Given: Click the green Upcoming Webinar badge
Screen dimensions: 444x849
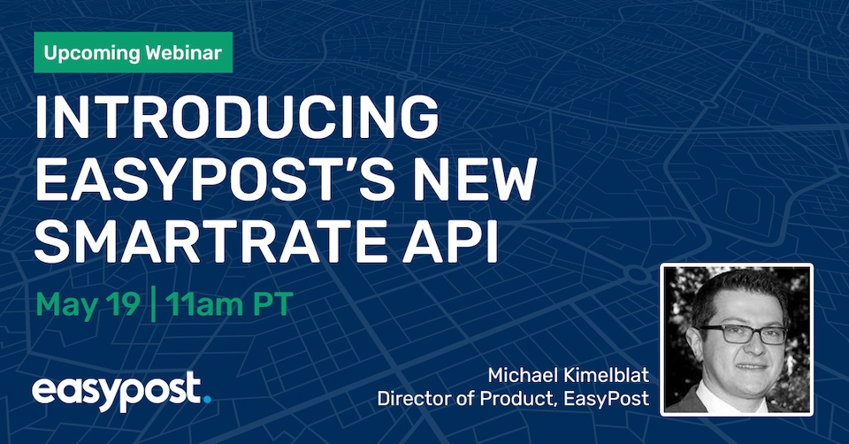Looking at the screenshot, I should pos(134,52).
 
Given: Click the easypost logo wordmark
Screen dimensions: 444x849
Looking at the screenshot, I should pos(115,390).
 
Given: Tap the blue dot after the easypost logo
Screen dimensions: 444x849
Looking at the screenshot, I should pos(207,399).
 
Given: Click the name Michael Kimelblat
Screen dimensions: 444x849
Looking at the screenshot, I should pos(568,372).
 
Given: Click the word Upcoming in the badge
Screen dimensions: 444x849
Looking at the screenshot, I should pos(88,52).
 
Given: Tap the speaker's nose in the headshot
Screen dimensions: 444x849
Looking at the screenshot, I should pos(746,348).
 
